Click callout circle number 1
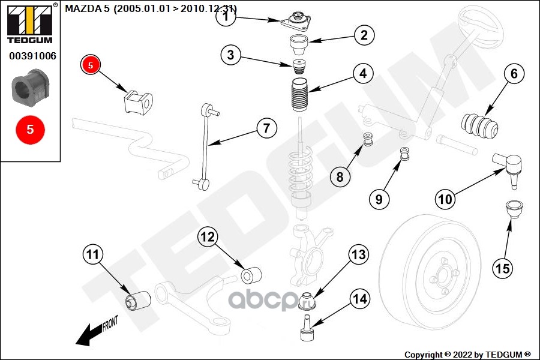226,17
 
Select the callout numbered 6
514,75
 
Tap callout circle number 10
445,199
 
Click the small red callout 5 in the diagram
90,65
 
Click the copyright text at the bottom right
467,353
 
